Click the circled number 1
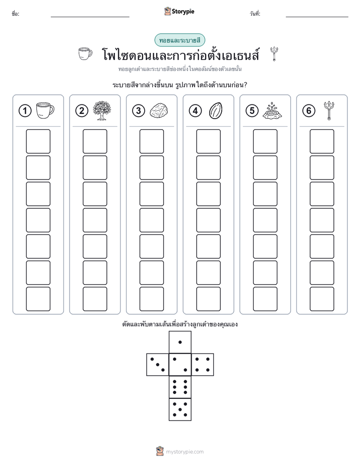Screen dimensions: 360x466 [x=25, y=111]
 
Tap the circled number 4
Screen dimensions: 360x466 [x=195, y=111]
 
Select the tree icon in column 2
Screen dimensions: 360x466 [x=101, y=110]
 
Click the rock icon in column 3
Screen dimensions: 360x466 [x=159, y=111]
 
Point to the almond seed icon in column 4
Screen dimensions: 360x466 [x=216, y=111]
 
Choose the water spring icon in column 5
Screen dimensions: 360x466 [x=272, y=111]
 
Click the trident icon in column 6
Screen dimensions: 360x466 [x=329, y=110]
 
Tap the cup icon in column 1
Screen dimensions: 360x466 [x=45, y=110]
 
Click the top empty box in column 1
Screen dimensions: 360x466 [x=38, y=141]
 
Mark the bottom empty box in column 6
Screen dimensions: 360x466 [x=322, y=299]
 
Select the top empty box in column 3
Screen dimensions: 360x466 [x=151, y=141]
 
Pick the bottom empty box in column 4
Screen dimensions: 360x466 [x=208, y=299]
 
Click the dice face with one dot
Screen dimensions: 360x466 [x=180, y=342]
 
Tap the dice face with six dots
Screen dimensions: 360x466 [x=180, y=387]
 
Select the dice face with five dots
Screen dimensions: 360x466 [x=180, y=409]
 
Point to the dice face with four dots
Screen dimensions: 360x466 [x=203, y=365]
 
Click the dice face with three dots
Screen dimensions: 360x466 [x=158, y=365]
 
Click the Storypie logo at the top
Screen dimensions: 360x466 [x=179, y=12]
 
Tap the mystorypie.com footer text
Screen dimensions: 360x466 [x=185, y=452]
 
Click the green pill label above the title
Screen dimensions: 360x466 [x=179, y=40]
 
